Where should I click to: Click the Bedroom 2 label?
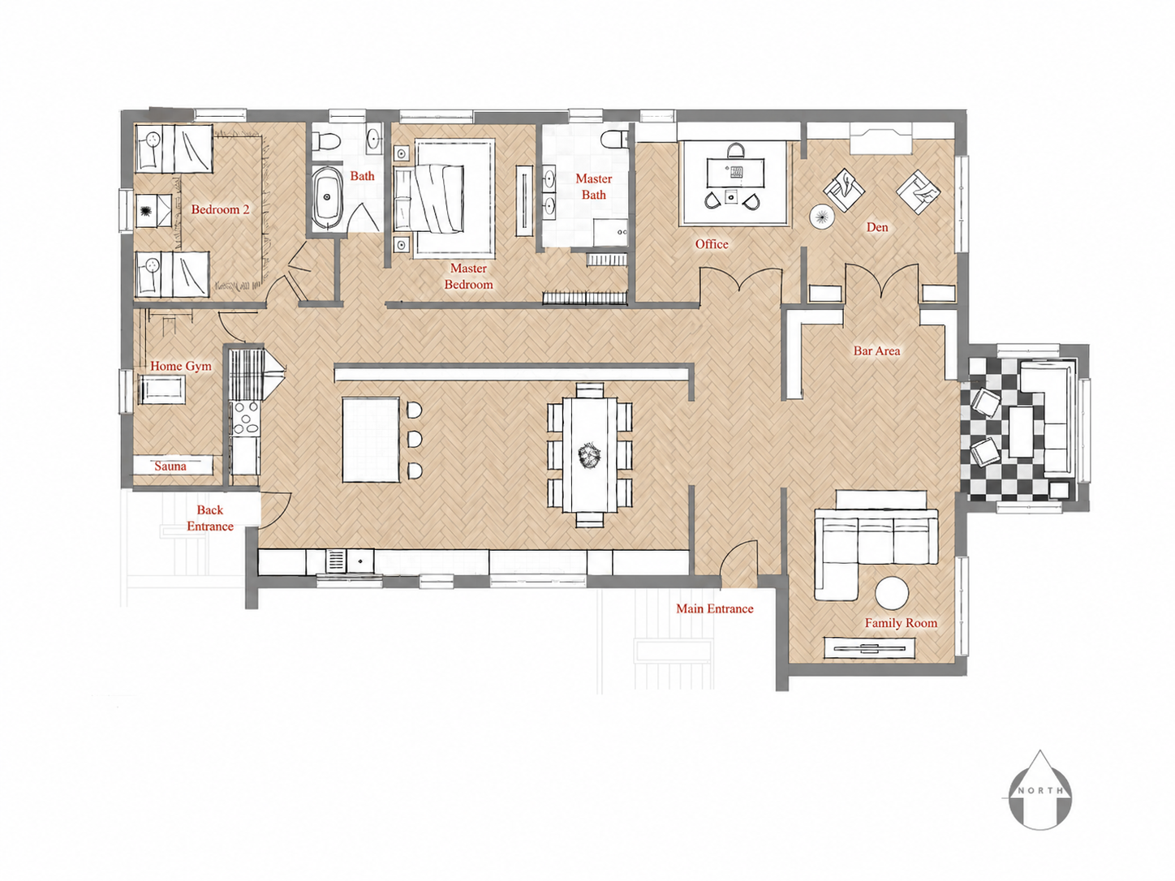[x=220, y=209]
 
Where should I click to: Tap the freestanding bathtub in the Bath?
[x=326, y=199]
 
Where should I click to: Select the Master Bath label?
[x=594, y=187]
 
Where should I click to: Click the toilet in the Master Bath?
[x=613, y=139]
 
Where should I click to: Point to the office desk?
[x=734, y=172]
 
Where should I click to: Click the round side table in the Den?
[x=822, y=217]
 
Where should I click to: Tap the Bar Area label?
[x=876, y=351]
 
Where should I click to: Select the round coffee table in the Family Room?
[x=891, y=593]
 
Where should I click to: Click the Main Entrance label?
[x=715, y=608]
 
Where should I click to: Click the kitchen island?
[x=370, y=440]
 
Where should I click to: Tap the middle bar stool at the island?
[x=415, y=440]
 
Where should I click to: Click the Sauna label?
[x=170, y=466]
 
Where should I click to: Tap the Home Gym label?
[x=181, y=366]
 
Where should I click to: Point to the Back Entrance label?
[x=210, y=518]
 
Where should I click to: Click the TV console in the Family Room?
[x=869, y=648]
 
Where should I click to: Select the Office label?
[x=712, y=244]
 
